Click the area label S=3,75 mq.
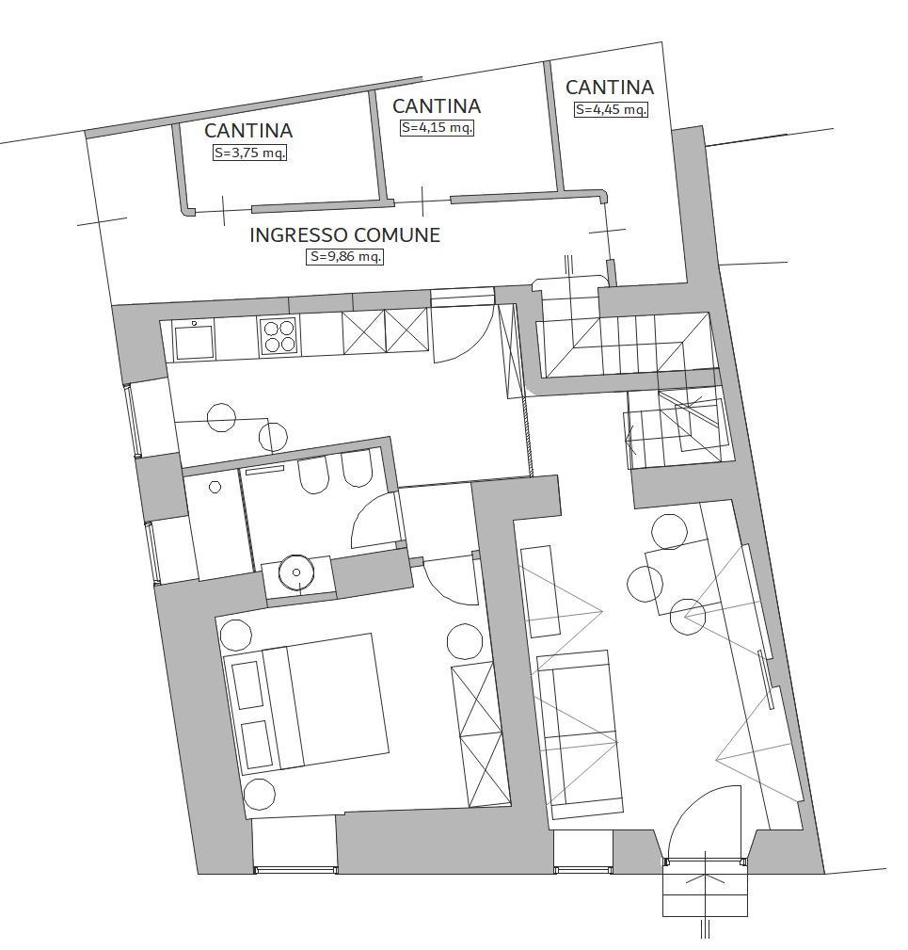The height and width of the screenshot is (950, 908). pos(249,153)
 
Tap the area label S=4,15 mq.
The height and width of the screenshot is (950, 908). pos(437,128)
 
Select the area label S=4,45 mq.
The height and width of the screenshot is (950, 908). pos(611,109)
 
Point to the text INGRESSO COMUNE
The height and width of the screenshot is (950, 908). pos(344,235)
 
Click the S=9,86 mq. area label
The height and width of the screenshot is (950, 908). pos(345,256)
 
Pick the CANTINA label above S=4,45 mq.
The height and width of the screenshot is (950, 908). pos(610,88)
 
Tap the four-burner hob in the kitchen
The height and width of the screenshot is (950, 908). pos(279,336)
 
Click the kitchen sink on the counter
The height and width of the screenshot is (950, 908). pos(194,340)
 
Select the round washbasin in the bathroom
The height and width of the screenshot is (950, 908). pos(296,572)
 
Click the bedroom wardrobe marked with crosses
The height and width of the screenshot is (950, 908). pos(480,733)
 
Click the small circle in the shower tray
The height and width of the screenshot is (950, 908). pos(215,486)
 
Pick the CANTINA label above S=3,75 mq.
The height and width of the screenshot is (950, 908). pos(248,131)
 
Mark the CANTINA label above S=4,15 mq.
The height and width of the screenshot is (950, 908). pos(437,106)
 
